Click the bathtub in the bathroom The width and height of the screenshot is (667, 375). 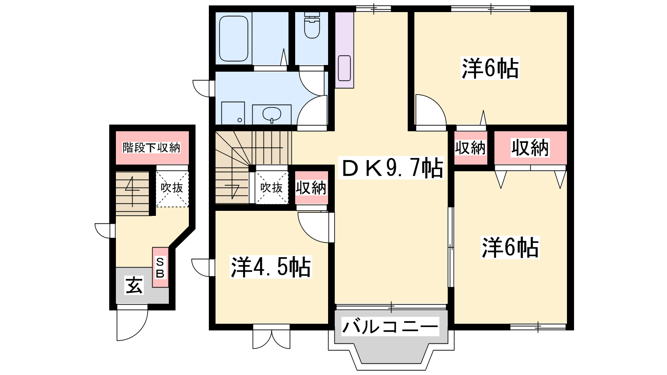[x=234, y=38]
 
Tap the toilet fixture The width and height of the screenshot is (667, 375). [x=312, y=25]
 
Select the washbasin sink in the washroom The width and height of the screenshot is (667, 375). [x=271, y=114]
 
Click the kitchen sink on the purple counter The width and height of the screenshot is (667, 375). [x=344, y=68]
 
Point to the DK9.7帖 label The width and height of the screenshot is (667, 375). [x=393, y=168]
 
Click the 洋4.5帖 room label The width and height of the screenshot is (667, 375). [x=271, y=267]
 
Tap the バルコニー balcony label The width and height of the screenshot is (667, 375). [x=390, y=327]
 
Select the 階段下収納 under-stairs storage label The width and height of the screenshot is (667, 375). [x=152, y=147]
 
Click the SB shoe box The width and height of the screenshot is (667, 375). [x=160, y=267]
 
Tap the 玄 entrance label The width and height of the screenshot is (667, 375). [x=134, y=285]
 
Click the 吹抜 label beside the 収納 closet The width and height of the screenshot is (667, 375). [x=271, y=188]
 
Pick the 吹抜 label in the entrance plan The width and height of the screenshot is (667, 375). [x=172, y=187]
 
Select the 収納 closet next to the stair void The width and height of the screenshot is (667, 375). [x=311, y=188]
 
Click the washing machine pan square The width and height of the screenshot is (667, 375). [x=233, y=113]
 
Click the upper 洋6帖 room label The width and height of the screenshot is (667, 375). [x=490, y=68]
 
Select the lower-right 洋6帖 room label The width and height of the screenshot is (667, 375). [x=510, y=247]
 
